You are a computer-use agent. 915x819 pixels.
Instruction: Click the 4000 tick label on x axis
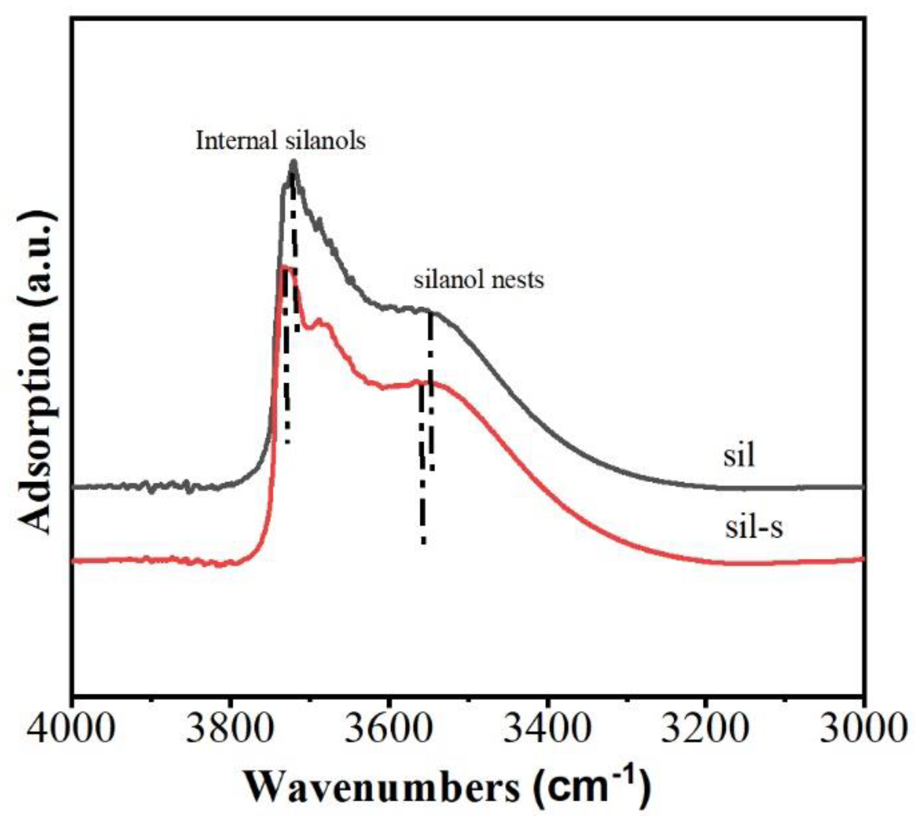(x=72, y=730)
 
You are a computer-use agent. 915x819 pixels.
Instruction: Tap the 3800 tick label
(x=230, y=730)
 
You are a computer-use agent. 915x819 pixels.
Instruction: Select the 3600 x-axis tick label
(x=389, y=730)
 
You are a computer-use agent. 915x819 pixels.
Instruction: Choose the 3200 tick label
(x=705, y=730)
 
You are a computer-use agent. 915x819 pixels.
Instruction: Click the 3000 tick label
(x=864, y=730)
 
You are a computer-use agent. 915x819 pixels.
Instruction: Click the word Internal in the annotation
(x=236, y=141)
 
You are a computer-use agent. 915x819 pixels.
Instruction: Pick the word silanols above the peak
(x=325, y=141)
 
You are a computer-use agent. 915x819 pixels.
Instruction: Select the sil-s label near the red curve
(x=754, y=528)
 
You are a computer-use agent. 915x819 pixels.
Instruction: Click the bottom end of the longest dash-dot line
(x=423, y=542)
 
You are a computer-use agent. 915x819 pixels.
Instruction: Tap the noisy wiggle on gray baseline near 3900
(x=148, y=487)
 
